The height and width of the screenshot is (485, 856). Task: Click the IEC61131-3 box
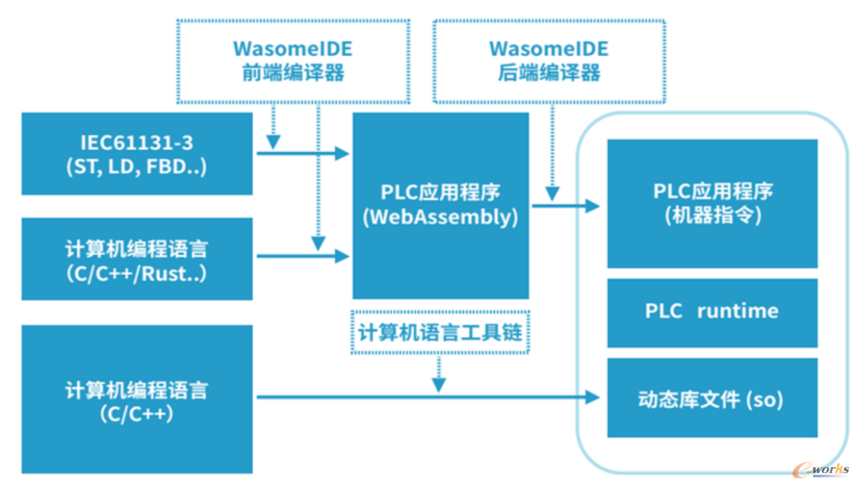[x=137, y=154]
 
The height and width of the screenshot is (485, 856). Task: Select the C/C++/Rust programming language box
[x=137, y=259]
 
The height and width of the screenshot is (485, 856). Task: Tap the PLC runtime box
[x=712, y=313]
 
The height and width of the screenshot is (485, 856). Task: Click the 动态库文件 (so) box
[x=712, y=397]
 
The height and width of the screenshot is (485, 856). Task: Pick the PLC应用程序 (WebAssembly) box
[x=441, y=205]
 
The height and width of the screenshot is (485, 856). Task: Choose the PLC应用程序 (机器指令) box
[x=712, y=204]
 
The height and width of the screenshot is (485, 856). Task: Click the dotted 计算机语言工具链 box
[x=440, y=332]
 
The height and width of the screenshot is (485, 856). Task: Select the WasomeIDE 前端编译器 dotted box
[x=293, y=62]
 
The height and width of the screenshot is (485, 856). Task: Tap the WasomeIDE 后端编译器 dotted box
[x=549, y=62]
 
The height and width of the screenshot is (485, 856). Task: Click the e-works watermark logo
[x=821, y=470]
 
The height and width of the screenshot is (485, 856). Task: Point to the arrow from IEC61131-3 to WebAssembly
[x=303, y=154]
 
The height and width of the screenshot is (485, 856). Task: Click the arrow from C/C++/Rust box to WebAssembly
[x=303, y=256]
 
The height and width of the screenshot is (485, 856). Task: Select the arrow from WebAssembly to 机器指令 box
[x=566, y=206]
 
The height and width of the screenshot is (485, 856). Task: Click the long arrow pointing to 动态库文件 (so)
[x=428, y=397]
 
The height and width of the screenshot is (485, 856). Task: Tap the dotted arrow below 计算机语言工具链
[x=439, y=374]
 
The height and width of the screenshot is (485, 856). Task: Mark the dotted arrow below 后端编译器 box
[x=552, y=153]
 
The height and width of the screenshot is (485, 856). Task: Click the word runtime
[x=738, y=311]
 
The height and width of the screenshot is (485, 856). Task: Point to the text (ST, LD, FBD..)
[x=137, y=167]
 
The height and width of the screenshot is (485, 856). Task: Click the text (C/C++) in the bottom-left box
[x=137, y=414]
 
